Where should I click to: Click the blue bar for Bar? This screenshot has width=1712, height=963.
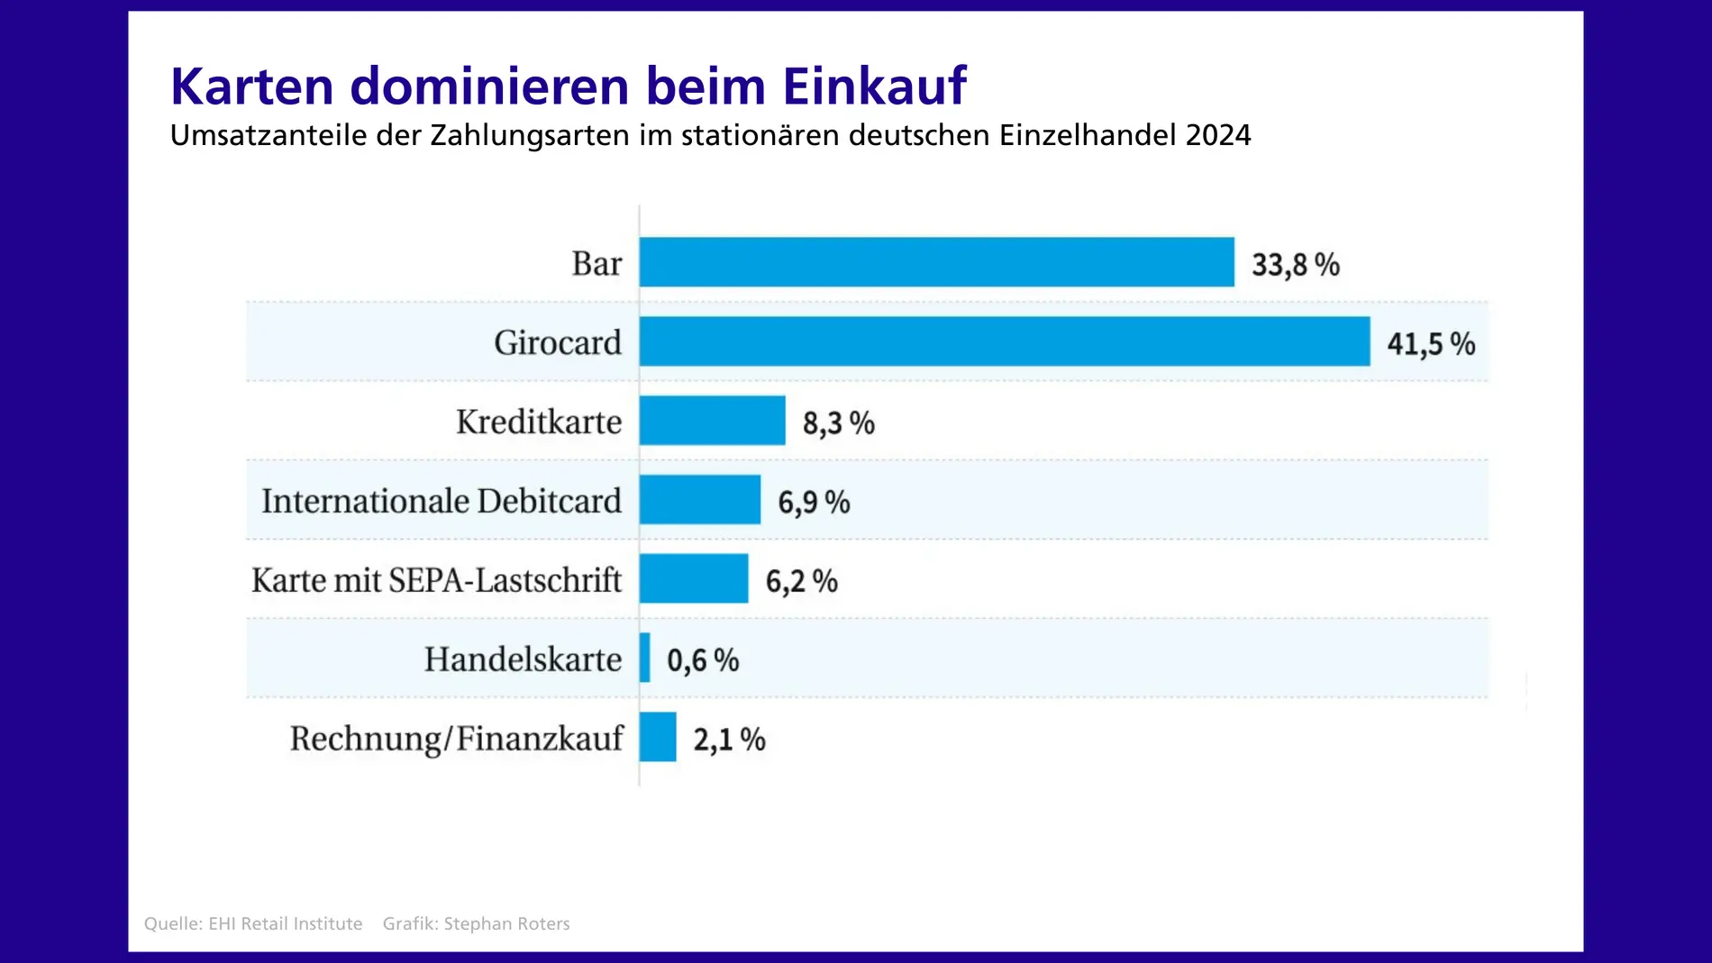click(x=936, y=262)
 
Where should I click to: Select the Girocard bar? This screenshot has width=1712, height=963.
click(x=1004, y=341)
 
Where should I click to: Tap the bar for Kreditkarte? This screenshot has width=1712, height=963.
click(x=712, y=421)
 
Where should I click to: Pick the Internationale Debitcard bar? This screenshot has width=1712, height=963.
click(x=699, y=500)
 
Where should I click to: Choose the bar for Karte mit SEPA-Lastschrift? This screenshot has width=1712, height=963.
click(x=693, y=578)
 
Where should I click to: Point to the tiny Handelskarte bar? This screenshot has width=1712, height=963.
click(x=645, y=658)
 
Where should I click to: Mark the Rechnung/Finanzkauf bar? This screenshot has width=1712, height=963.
click(x=658, y=737)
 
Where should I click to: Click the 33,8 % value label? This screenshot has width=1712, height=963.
click(x=1295, y=265)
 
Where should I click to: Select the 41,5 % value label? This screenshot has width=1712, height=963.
click(x=1430, y=344)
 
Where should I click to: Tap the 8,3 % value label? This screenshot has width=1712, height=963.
click(x=838, y=423)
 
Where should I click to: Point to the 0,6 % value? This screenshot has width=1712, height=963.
click(x=702, y=660)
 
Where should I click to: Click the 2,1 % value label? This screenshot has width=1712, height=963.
click(x=728, y=740)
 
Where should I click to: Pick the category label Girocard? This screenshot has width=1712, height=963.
click(x=558, y=342)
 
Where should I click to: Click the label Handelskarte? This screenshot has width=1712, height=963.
click(x=523, y=659)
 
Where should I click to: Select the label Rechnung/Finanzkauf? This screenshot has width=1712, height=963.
click(x=456, y=739)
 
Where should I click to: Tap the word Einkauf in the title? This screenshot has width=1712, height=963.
click(x=874, y=86)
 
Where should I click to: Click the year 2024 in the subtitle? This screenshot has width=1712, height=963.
click(x=1218, y=135)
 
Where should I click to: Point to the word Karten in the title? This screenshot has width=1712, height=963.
click(x=252, y=86)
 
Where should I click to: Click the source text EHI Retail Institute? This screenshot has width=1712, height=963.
click(x=285, y=923)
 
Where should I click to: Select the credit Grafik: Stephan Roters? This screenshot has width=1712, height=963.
click(x=476, y=923)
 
